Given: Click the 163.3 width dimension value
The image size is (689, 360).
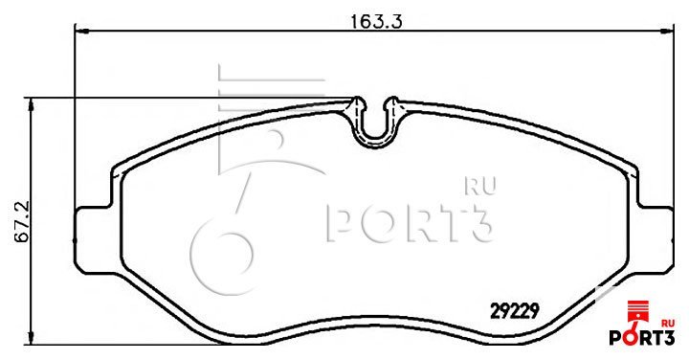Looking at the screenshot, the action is [376, 21].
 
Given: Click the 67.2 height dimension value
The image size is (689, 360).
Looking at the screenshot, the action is [21, 221].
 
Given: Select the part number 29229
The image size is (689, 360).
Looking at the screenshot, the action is [515, 311].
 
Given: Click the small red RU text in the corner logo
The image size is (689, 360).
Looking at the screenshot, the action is [668, 323].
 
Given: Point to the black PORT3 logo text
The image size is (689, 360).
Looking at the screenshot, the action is [641, 337].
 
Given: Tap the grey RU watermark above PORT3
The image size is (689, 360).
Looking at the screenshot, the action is [480, 186].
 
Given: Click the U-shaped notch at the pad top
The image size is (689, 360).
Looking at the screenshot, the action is [375, 132].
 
